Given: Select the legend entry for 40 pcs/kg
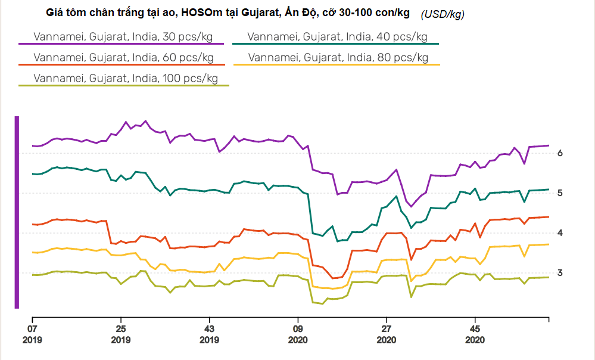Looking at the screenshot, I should coord(337,37).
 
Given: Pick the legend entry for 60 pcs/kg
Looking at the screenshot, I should coord(123,58).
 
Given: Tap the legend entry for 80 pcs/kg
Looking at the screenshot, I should coord(338,58).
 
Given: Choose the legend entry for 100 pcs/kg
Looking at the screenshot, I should coord(126,78).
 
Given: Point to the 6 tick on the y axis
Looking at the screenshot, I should coord(560,153).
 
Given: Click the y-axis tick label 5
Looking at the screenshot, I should coord(560,193).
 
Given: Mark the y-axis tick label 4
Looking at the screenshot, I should coord(560,233).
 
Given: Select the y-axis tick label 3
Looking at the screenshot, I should coord(560,273).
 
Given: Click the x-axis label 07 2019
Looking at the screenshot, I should coord(33,334).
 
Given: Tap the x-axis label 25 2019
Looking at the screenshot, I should coord(121,334).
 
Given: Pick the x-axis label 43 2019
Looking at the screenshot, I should coord(209,334).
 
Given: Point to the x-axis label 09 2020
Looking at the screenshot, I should coord(298,334).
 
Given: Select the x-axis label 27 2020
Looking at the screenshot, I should coord(386,334).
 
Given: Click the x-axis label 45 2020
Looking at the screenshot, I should coord(475,334).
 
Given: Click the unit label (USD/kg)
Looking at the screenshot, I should coord(443,14).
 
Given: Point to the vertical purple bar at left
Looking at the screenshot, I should coord(17,212).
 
